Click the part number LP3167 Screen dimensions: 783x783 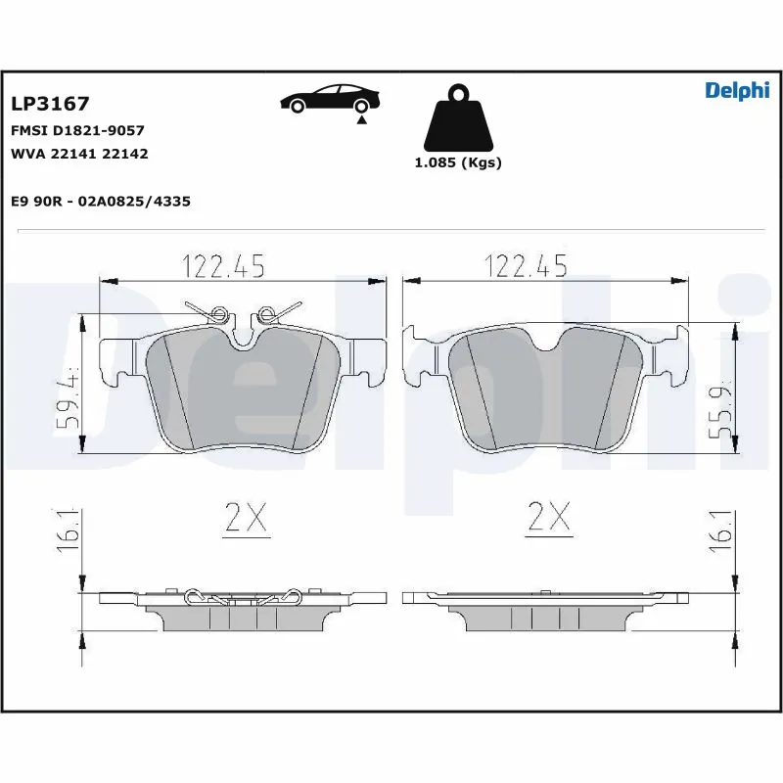(x=50, y=104)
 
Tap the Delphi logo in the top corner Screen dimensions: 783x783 (x=737, y=91)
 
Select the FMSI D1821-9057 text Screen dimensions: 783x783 (x=77, y=130)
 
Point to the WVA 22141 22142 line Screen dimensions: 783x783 (x=79, y=154)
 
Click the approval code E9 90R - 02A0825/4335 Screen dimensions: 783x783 (x=100, y=201)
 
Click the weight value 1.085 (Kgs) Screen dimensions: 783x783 (x=458, y=162)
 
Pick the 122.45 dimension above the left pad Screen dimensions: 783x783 (x=223, y=264)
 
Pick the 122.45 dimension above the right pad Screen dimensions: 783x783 (x=526, y=264)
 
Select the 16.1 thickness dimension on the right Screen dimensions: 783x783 (x=724, y=530)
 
